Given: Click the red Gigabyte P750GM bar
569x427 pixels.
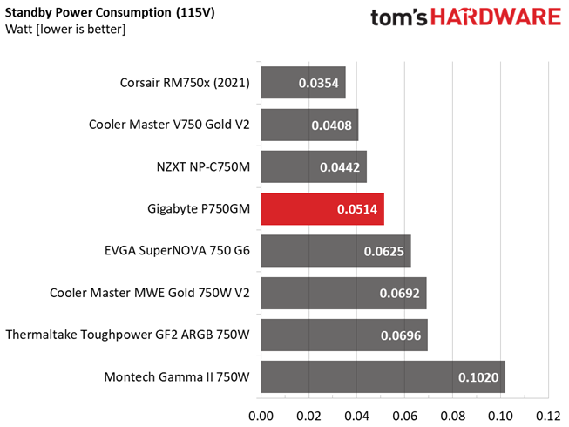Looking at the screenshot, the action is coord(322,209).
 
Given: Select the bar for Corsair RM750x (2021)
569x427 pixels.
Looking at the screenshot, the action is coord(303,83).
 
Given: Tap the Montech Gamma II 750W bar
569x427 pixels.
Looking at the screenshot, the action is coord(383,377).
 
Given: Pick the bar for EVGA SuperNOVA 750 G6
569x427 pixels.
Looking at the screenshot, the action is coord(336,251).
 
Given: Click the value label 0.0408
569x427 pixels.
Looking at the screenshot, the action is coord(331,125).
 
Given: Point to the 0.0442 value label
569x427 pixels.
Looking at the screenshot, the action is coord(340,167).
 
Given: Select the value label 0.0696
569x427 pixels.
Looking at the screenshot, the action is coord(401,335).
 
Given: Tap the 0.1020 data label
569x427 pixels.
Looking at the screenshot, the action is coord(478,377).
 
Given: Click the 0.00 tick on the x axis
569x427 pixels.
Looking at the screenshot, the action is coord(261,416).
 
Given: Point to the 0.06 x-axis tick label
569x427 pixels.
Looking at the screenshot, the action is coord(404,416).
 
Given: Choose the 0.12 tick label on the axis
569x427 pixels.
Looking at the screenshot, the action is coord(548,416).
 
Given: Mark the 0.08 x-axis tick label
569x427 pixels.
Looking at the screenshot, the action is coord(452,416).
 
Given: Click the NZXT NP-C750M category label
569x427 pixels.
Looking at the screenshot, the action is coord(203,167).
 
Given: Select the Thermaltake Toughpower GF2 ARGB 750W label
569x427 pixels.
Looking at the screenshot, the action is coord(128,335).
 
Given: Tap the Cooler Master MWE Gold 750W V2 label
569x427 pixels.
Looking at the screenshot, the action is coord(150,293).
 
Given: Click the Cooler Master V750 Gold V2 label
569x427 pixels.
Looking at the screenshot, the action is coord(169,125).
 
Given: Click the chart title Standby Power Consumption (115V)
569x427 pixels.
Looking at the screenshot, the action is coord(110,13).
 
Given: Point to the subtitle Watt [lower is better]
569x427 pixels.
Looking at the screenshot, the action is coord(65,29).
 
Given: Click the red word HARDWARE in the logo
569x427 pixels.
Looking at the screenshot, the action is coord(496,17).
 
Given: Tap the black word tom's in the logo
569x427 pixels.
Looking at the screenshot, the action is coord(399,17).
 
